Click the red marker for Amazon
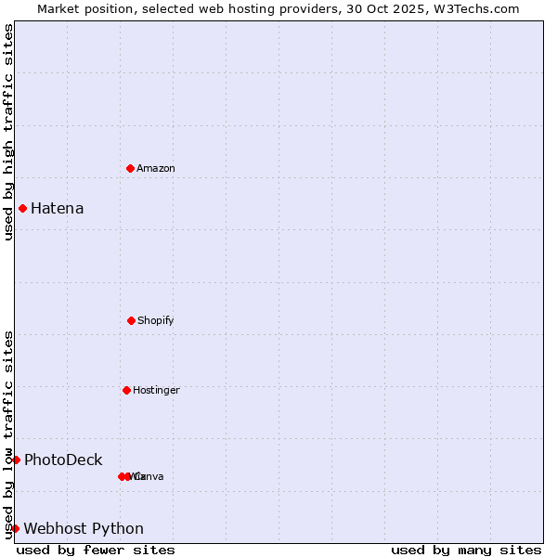point(130,168)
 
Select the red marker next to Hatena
point(22,208)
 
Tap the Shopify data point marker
point(131,320)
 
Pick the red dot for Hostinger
point(126,390)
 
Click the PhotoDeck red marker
point(16,460)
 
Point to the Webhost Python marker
point(15,528)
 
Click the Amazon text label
point(156,168)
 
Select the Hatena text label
point(58,208)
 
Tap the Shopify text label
point(156,320)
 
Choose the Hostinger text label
point(156,390)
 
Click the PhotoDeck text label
point(63,460)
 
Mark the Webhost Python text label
point(84,528)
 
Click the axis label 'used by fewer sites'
point(96,550)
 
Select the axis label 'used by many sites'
point(466,550)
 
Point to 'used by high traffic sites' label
point(8,132)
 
